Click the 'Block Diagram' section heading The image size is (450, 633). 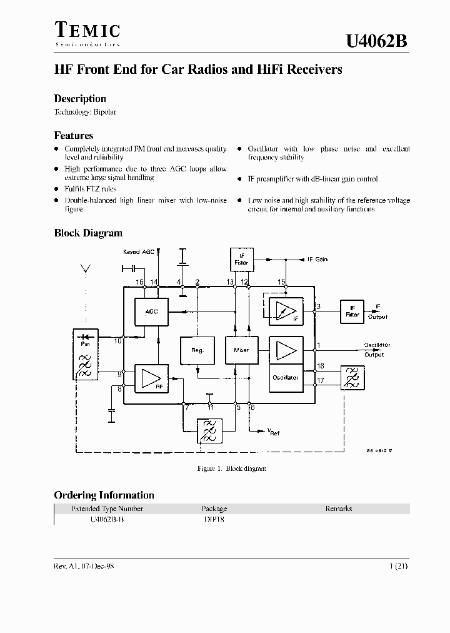point(88,233)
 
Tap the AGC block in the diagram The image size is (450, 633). point(151,311)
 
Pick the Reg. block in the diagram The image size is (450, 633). point(197,350)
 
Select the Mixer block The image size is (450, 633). point(241,350)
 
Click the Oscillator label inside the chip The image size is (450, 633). point(286,377)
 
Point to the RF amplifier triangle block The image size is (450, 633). point(151,378)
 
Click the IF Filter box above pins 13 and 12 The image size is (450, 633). point(242,259)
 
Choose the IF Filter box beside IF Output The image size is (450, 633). point(352,311)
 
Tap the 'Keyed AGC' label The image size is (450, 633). point(138,251)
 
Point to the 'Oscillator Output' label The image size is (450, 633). point(377,350)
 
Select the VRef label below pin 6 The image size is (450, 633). point(273,432)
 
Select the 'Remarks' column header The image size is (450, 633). point(339,509)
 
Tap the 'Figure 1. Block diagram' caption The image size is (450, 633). point(231,468)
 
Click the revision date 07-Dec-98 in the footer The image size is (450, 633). point(95,565)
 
